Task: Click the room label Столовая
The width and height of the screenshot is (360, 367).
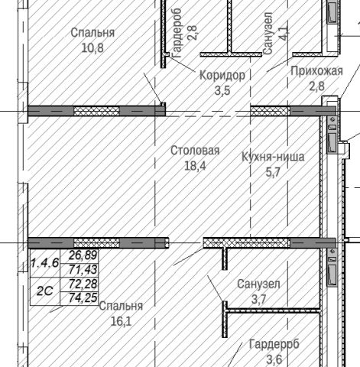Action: tap(195, 151)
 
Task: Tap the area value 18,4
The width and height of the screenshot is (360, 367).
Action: tap(195, 166)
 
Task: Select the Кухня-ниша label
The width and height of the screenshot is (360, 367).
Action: tap(273, 157)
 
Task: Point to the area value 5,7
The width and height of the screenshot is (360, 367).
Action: tap(273, 172)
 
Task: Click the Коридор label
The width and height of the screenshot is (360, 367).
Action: tap(222, 76)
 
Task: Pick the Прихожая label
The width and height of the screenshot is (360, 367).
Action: tap(316, 71)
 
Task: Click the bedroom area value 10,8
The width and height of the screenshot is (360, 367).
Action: tap(92, 47)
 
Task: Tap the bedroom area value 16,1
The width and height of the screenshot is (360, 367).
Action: tap(121, 321)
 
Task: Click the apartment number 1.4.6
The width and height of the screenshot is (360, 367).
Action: tap(45, 263)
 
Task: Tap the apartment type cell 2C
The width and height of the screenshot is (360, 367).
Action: tap(45, 291)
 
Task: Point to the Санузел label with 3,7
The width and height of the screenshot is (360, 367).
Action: tap(258, 284)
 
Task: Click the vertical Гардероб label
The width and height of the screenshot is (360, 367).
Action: tap(177, 33)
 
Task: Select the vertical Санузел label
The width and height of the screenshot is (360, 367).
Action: tap(268, 34)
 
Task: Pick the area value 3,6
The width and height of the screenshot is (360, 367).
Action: tap(274, 359)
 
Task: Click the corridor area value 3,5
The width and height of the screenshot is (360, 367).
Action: tap(222, 90)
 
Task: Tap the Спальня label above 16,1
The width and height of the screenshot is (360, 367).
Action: tap(121, 306)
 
